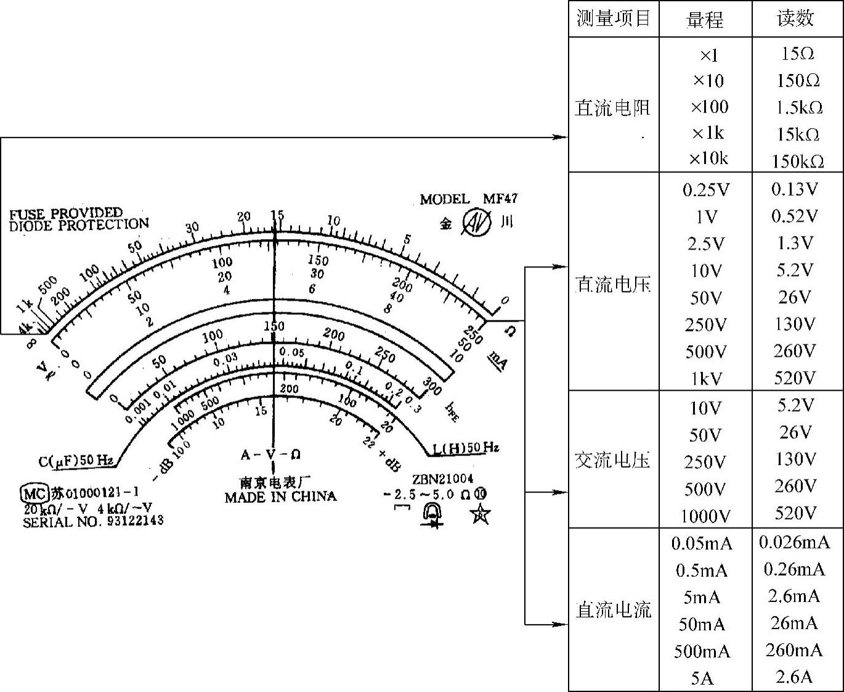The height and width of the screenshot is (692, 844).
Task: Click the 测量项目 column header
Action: click(x=614, y=18)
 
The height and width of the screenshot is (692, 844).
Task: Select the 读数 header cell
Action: click(x=795, y=18)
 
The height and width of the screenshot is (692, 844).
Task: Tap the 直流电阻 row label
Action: click(x=612, y=108)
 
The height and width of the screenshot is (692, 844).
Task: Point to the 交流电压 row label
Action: click(x=612, y=460)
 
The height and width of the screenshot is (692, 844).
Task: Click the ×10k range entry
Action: click(x=708, y=159)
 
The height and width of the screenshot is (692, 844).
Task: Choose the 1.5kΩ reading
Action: click(x=798, y=108)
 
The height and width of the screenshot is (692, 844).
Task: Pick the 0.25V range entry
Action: click(x=705, y=190)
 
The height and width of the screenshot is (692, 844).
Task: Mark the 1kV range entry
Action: click(x=705, y=378)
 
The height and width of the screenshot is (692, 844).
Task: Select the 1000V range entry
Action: click(x=705, y=516)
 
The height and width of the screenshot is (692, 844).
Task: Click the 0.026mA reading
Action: click(x=794, y=543)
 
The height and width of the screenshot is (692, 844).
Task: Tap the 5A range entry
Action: click(x=702, y=678)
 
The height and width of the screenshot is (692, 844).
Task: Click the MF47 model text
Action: click(x=500, y=199)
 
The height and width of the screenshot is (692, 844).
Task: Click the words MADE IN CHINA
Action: click(x=280, y=497)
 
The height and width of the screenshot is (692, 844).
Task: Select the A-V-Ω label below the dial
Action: click(x=270, y=455)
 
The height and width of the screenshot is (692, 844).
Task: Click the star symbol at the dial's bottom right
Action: click(x=480, y=513)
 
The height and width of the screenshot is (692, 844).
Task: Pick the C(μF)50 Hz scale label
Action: click(x=76, y=461)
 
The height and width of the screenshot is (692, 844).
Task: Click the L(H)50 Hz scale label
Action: click(x=466, y=448)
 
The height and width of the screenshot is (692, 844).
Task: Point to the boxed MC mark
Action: click(x=34, y=494)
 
